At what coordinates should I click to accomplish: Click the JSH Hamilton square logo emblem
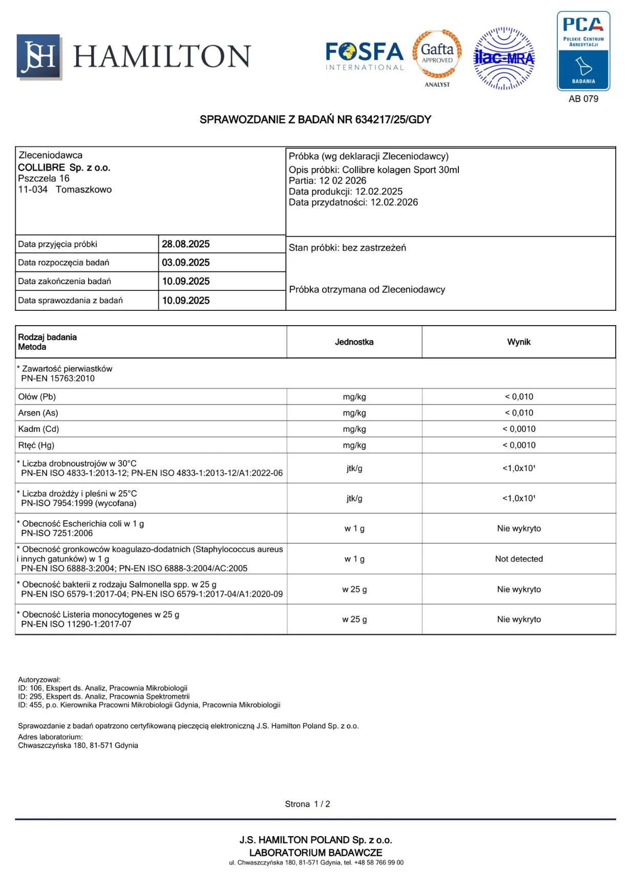click(39, 57)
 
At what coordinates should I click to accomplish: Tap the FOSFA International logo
click(365, 56)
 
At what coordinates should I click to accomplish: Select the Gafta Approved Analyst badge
click(437, 57)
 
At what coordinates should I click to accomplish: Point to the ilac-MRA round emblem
click(504, 58)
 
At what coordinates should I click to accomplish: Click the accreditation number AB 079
click(583, 99)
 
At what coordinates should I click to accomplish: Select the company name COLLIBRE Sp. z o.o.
click(64, 167)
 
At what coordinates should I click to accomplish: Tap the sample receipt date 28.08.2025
click(186, 244)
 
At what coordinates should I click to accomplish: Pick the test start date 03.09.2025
click(186, 263)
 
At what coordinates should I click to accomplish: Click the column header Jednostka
click(354, 342)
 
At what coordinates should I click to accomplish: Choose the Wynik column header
click(518, 342)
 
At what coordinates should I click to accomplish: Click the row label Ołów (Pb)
click(37, 397)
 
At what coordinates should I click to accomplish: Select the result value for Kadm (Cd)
click(518, 429)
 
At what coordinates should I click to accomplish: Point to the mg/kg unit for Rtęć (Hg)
click(354, 445)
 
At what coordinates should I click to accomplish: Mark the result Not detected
click(518, 559)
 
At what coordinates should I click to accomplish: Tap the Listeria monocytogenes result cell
click(518, 620)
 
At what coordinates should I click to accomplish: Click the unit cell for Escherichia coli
click(354, 528)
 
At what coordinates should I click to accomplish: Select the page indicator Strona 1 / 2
click(307, 804)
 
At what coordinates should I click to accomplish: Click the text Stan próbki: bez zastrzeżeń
click(347, 248)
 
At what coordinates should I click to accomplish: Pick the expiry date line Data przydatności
click(353, 202)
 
